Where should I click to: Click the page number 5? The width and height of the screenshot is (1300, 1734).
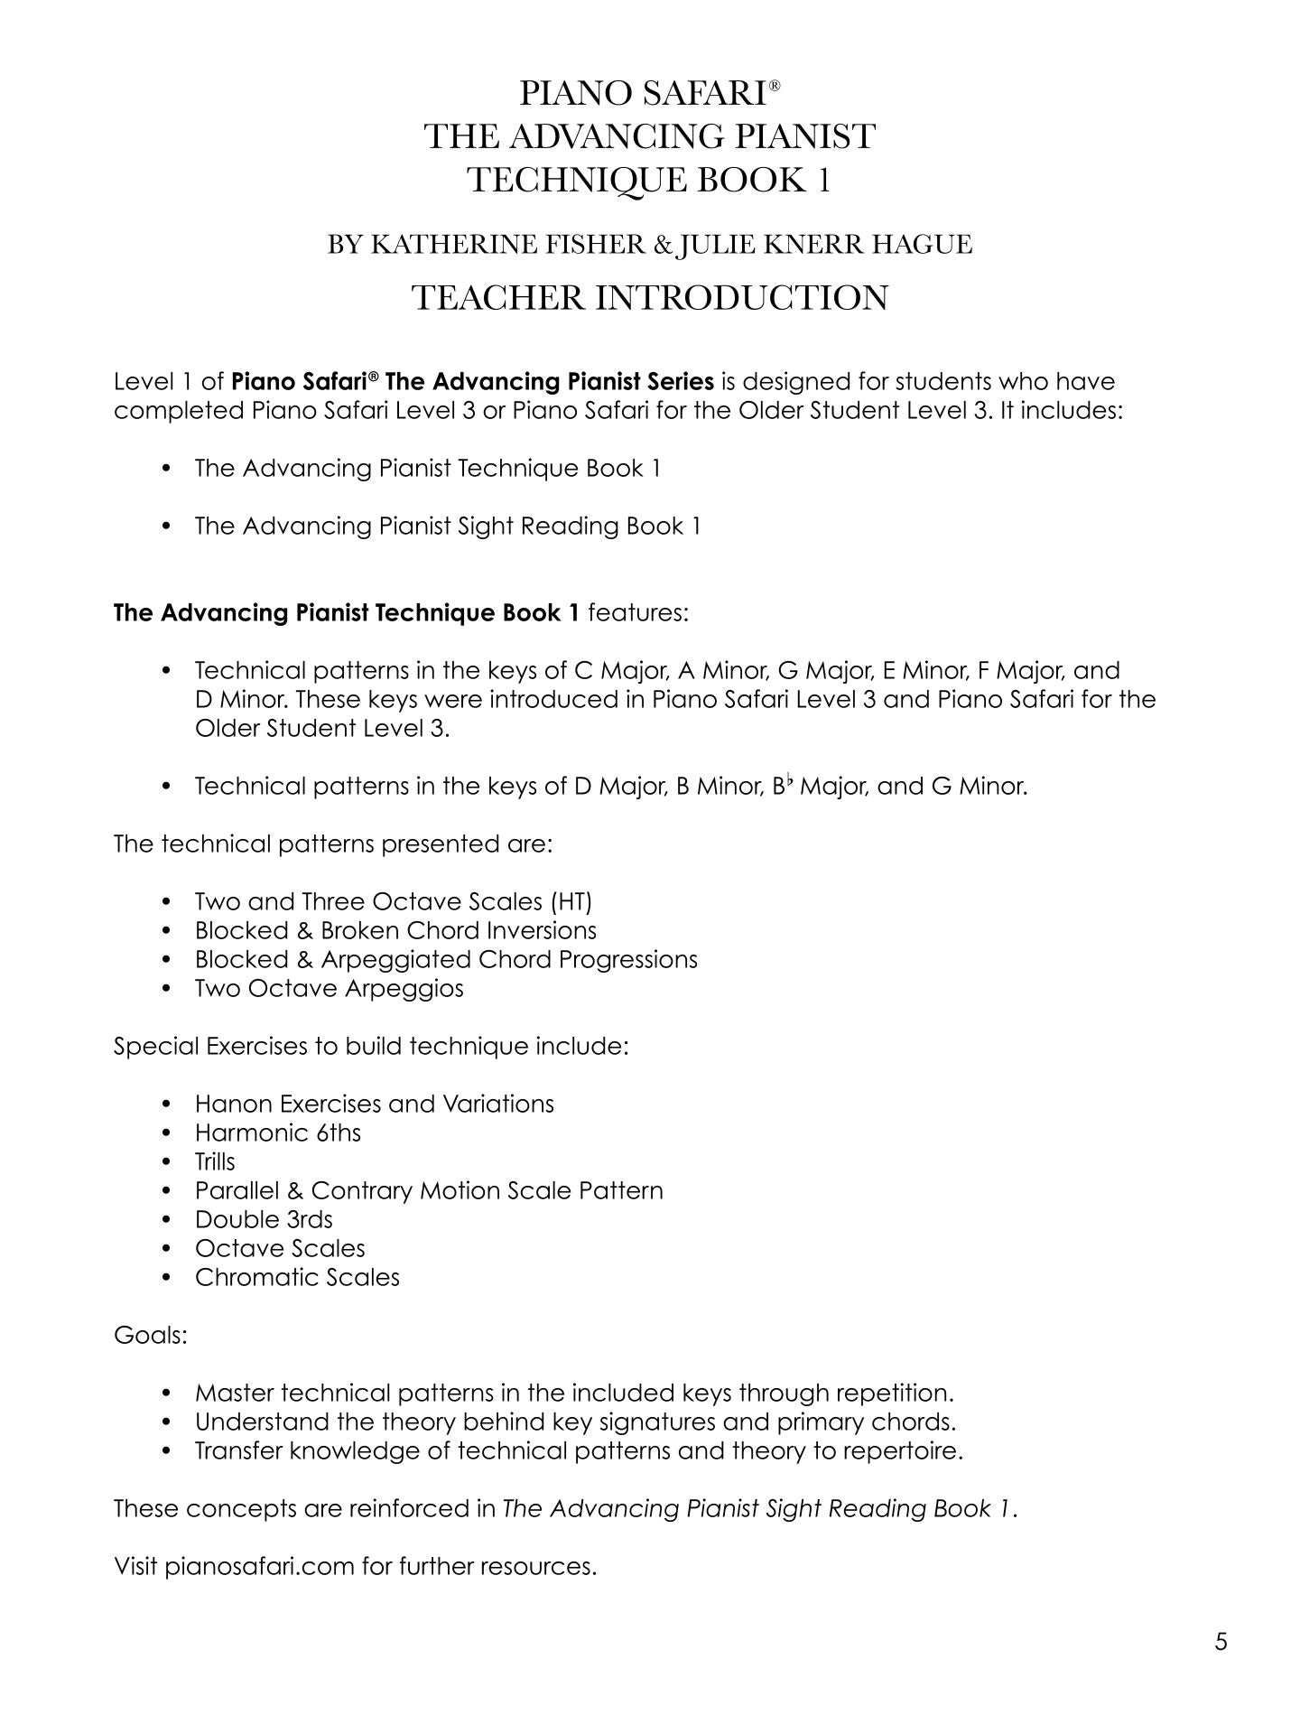(x=1221, y=1641)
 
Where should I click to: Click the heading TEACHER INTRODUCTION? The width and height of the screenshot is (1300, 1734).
(x=650, y=298)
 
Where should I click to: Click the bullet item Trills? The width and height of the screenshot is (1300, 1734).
(x=215, y=1161)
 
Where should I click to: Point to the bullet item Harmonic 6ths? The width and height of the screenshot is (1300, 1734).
(x=277, y=1133)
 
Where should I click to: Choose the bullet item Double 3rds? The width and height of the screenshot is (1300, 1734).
(x=264, y=1219)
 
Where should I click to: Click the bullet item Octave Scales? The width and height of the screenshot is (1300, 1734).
(x=280, y=1248)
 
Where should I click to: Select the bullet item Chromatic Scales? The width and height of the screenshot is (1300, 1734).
(x=297, y=1277)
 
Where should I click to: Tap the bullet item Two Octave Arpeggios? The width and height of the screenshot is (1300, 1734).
(x=329, y=988)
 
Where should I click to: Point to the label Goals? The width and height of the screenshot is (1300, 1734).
(x=150, y=1335)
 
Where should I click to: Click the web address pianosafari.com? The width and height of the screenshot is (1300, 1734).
(x=259, y=1566)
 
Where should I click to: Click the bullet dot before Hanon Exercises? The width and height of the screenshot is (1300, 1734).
(x=166, y=1105)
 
